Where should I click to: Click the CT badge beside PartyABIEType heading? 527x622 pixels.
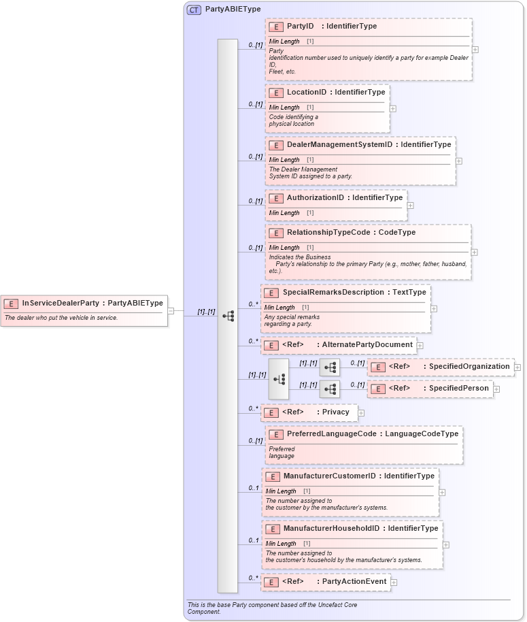point(194,10)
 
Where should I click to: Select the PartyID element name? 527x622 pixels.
point(300,27)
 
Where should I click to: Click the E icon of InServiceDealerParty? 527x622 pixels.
point(11,304)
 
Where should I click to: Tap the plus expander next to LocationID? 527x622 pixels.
point(393,108)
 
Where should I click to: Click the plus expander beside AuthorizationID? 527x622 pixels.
point(410,205)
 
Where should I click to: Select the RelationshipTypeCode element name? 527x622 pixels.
point(328,233)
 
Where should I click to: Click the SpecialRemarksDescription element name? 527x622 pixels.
point(333,293)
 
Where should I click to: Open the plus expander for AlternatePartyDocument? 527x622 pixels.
point(420,346)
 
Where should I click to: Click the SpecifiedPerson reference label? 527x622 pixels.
point(458,389)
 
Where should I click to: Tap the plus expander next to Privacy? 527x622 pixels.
point(361,412)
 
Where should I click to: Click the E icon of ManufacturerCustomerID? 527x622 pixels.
point(273,476)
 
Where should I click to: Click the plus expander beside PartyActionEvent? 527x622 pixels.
point(394,583)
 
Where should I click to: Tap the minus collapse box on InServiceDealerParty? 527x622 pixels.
point(171,311)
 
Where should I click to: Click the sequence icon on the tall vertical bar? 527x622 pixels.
point(228,316)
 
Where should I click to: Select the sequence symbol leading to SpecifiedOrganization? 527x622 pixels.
point(330,367)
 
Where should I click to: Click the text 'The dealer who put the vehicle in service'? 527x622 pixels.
point(61,318)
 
